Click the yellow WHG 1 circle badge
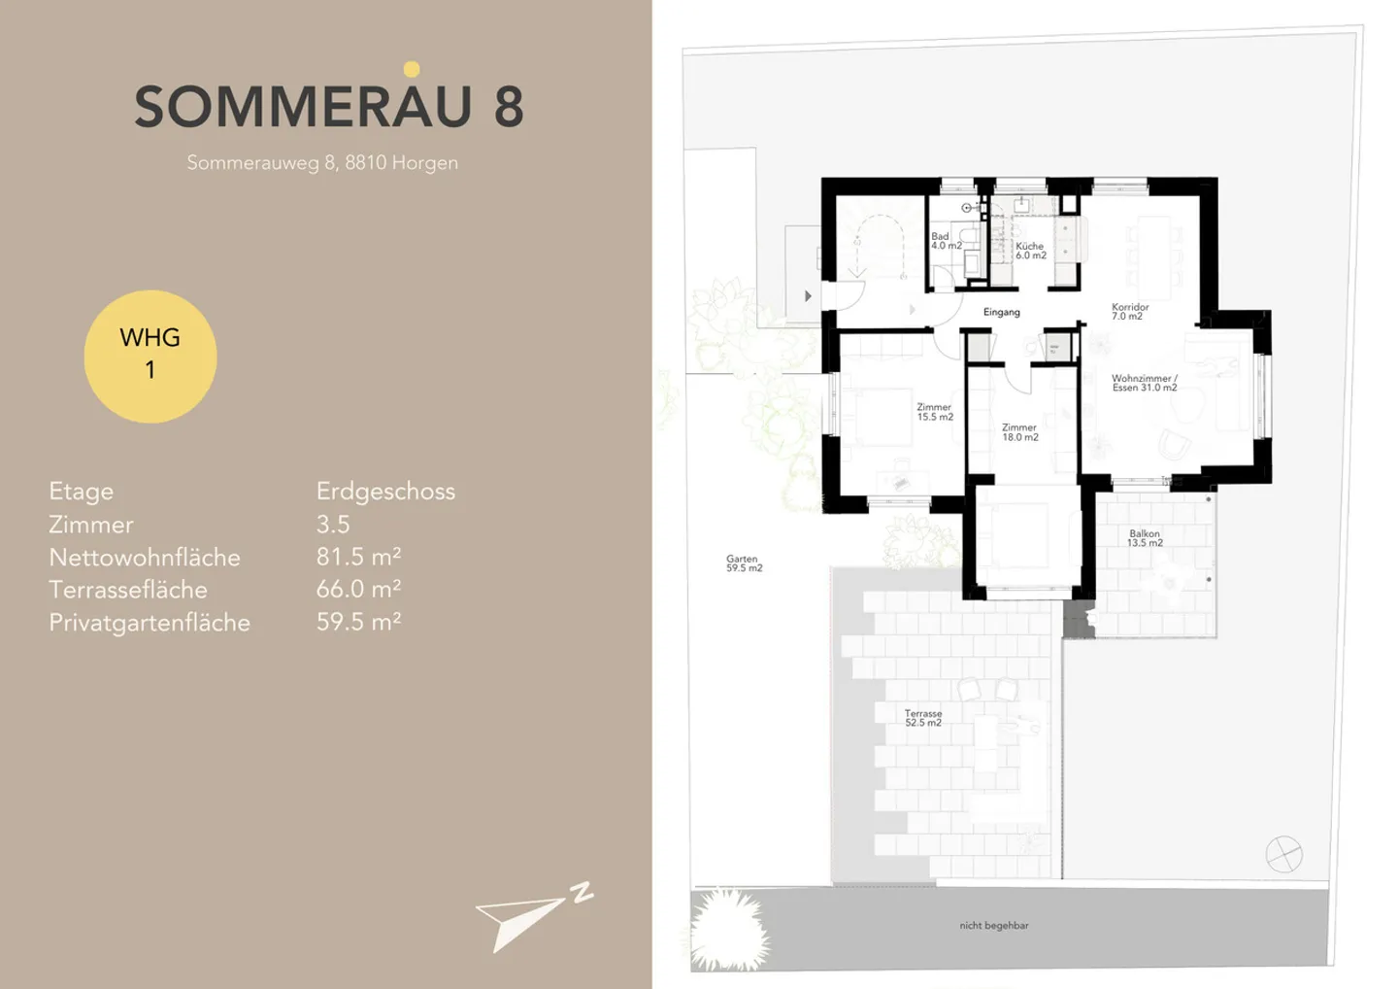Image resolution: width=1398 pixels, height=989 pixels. pyautogui.click(x=150, y=356)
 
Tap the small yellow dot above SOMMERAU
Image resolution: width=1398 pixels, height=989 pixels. pyautogui.click(x=412, y=69)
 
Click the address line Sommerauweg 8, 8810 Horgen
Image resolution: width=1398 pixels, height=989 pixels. pyautogui.click(x=322, y=163)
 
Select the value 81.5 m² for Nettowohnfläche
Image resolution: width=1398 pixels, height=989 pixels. pyautogui.click(x=358, y=557)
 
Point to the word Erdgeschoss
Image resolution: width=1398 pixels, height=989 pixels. pyautogui.click(x=385, y=492)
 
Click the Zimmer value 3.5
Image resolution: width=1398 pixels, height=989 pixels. pyautogui.click(x=333, y=525)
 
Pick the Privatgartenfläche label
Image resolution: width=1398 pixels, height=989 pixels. pyautogui.click(x=150, y=623)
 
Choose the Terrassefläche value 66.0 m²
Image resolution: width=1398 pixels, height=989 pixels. pyautogui.click(x=358, y=590)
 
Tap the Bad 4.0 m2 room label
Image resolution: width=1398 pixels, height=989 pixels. pyautogui.click(x=946, y=241)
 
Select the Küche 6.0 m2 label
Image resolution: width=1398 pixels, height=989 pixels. pyautogui.click(x=1030, y=251)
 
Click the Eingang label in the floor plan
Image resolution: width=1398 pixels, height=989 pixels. pyautogui.click(x=1001, y=313)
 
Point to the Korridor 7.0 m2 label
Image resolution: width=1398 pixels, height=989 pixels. pyautogui.click(x=1129, y=312)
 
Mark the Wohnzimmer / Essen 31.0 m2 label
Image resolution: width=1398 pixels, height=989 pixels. pyautogui.click(x=1144, y=383)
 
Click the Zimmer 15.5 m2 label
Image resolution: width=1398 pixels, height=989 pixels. pyautogui.click(x=934, y=412)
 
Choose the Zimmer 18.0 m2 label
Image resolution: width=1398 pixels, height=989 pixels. pyautogui.click(x=1019, y=432)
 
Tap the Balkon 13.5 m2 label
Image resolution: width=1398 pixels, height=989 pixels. pyautogui.click(x=1144, y=538)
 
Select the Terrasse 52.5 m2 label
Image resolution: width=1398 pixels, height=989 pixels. pyautogui.click(x=922, y=718)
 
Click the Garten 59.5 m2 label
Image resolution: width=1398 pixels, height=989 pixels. pyautogui.click(x=744, y=563)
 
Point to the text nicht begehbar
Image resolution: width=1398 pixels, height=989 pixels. pyautogui.click(x=993, y=926)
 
